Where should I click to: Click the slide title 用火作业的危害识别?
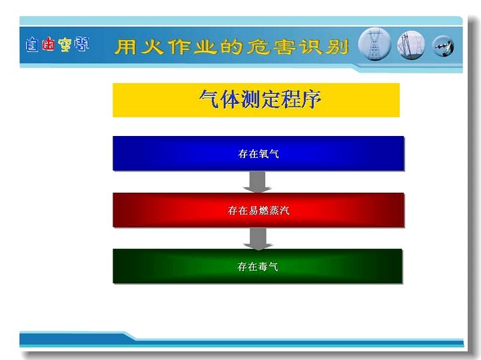tap(232, 47)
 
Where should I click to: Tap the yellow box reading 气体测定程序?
tap(256, 100)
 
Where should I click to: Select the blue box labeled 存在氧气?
tap(258, 153)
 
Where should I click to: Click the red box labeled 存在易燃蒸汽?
tap(258, 210)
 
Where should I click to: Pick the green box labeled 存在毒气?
tap(257, 267)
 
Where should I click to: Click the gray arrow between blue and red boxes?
tap(257, 182)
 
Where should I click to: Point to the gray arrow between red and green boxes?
tap(258, 239)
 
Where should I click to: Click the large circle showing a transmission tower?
tap(374, 45)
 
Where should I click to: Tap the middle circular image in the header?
tap(411, 46)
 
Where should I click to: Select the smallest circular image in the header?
tap(443, 47)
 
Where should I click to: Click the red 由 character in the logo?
tap(48, 43)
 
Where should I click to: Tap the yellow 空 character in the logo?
tap(65, 45)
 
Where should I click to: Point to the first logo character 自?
tap(32, 45)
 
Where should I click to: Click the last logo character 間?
tap(81, 44)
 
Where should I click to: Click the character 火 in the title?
tap(153, 47)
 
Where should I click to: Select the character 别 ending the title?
tap(338, 47)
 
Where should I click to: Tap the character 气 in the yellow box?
tap(209, 99)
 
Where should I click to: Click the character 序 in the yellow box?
tap(311, 99)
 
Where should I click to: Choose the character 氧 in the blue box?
tap(264, 153)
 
